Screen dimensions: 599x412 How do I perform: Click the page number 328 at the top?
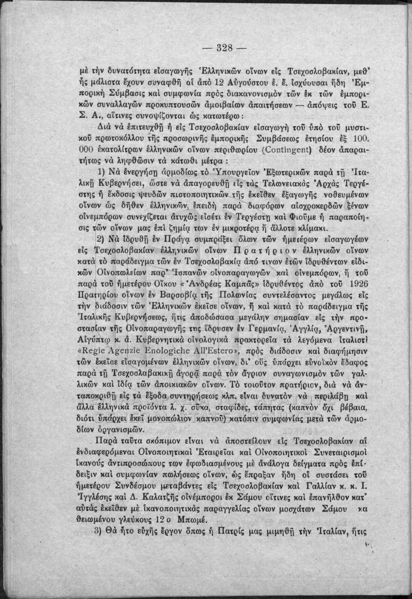[x=225, y=48]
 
